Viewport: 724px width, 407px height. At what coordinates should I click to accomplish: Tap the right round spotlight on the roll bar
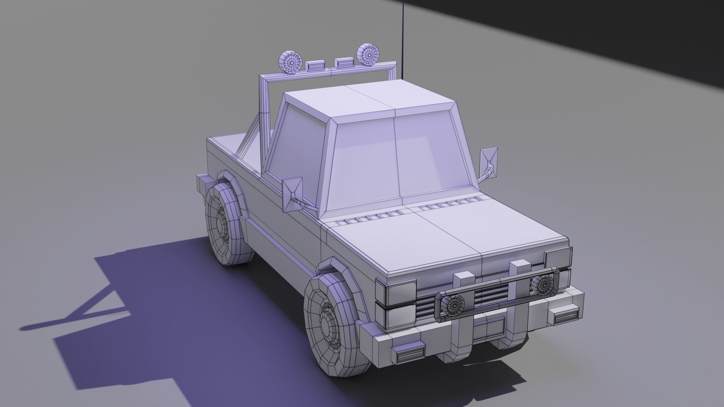pyautogui.click(x=367, y=55)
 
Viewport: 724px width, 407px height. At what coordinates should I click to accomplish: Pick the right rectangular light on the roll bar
pyautogui.click(x=344, y=62)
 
